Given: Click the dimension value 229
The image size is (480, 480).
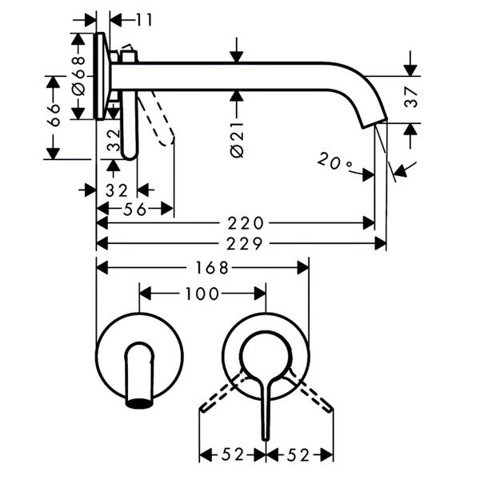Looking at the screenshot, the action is pyautogui.click(x=245, y=244).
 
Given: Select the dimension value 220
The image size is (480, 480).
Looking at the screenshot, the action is pyautogui.click(x=246, y=223).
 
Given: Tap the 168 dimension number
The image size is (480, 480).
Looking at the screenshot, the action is pyautogui.click(x=211, y=268).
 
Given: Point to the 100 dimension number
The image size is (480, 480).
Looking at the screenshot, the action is pyautogui.click(x=202, y=294).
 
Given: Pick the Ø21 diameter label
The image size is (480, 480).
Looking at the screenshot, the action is pyautogui.click(x=238, y=140).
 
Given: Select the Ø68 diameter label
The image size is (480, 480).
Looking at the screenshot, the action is pyautogui.click(x=78, y=75).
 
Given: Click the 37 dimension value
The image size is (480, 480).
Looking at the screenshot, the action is pyautogui.click(x=411, y=98).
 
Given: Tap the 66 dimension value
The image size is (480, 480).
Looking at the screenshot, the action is pyautogui.click(x=54, y=115).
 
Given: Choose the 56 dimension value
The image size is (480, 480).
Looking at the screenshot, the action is pyautogui.click(x=135, y=210).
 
